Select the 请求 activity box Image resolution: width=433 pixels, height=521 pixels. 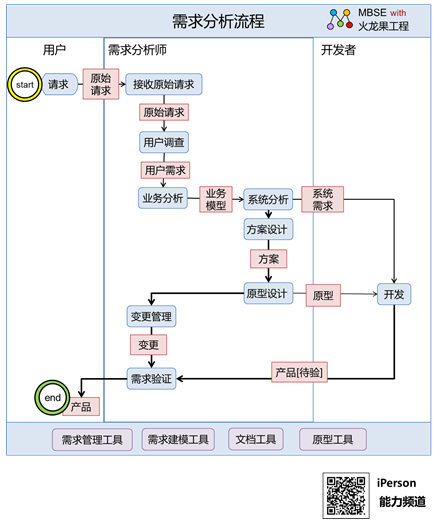pos(59,84)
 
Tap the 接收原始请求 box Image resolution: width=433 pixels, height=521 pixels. pos(164,84)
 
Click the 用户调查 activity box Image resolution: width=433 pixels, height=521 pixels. pos(164,142)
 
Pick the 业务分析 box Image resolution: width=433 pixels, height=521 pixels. pos(163,198)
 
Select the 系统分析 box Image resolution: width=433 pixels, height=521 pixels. pos(268,199)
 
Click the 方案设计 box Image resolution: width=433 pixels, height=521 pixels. pos(268,229)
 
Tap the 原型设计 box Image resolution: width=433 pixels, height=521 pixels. pos(268,293)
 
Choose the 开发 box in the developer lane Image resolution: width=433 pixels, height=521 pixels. pos(394,294)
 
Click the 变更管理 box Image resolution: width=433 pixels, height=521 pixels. pos(151,316)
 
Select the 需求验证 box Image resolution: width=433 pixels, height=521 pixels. pos(151,379)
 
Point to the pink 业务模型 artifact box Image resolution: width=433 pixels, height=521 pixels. pos(216,199)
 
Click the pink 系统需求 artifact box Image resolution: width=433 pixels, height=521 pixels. pos(323,199)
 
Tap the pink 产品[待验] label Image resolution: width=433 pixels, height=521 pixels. pos(299,372)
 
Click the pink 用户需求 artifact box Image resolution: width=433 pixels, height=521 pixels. pos(165,170)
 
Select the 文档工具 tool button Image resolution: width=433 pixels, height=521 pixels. pos(256,439)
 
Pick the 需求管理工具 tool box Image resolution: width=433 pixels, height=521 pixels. pos(92,440)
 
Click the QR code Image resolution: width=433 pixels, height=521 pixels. pos(346,495)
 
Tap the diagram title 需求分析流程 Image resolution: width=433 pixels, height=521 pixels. pos(218,21)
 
